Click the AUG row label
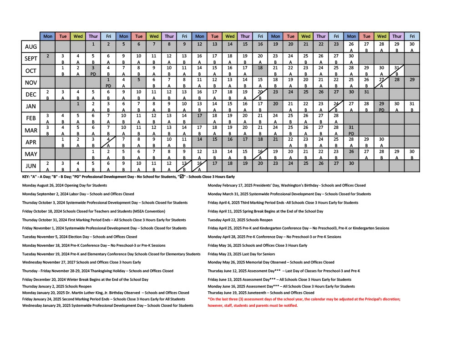[x=31, y=46]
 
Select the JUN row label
[x=31, y=166]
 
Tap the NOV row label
[x=31, y=82]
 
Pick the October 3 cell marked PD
[x=93, y=70]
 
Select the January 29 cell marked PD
[x=381, y=106]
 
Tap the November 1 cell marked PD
[x=108, y=82]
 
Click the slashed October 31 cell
[x=396, y=70]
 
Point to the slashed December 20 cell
[x=260, y=94]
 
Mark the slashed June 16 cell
[x=199, y=166]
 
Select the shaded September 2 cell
[x=48, y=58]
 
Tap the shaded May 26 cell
[x=351, y=154]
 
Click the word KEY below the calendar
[x=25, y=176]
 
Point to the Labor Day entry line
[x=78, y=194]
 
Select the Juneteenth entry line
[x=261, y=293]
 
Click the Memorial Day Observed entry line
[x=271, y=262]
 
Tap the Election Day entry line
[x=79, y=237]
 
